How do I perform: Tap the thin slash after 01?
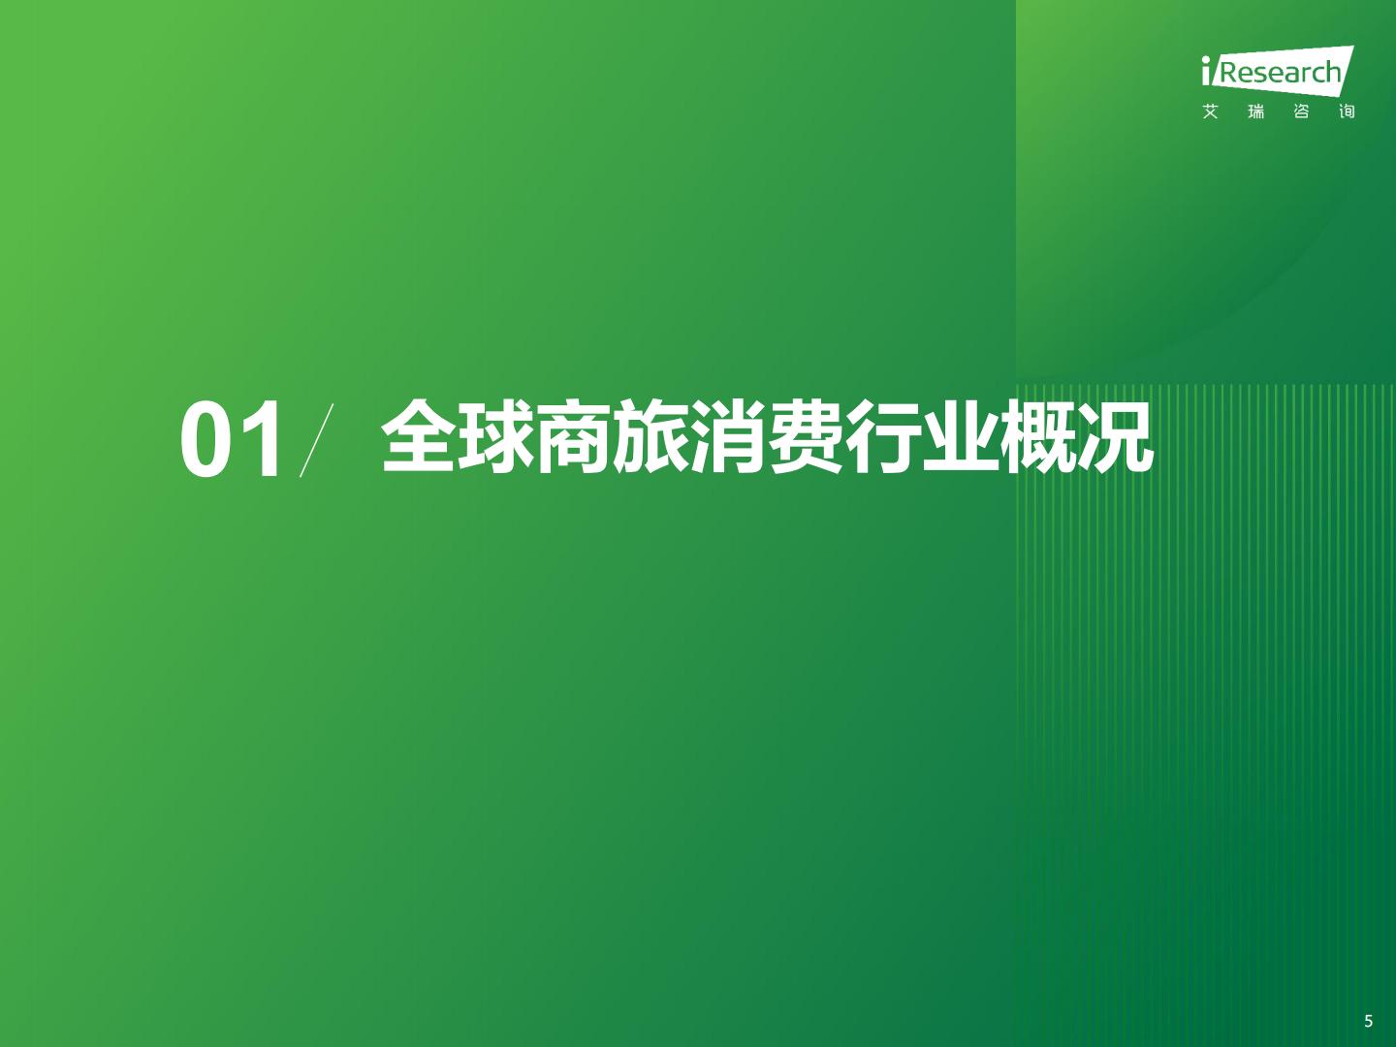(316, 440)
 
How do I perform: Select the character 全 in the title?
(418, 436)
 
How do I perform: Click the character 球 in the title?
(495, 436)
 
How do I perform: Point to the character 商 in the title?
(573, 436)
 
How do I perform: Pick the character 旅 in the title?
(650, 436)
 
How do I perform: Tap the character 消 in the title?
(728, 436)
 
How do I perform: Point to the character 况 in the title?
(1116, 436)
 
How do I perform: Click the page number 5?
(1369, 1021)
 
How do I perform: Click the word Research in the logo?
(1281, 73)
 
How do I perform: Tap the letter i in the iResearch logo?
(1205, 71)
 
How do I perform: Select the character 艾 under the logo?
(1210, 111)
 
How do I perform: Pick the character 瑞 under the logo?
(1256, 111)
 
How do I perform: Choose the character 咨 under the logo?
(1301, 111)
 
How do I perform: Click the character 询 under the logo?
(1347, 111)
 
